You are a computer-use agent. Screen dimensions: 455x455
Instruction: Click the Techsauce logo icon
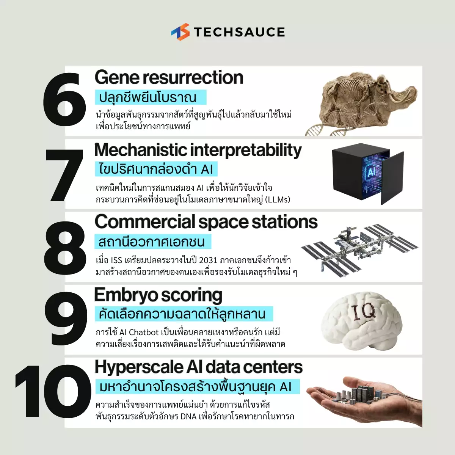(180, 32)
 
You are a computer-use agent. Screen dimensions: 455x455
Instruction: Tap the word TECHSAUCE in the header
(239, 32)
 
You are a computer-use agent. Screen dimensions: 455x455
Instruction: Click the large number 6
(64, 100)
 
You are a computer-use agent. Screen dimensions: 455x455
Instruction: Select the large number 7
(64, 175)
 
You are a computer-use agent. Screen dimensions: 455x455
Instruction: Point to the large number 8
(65, 248)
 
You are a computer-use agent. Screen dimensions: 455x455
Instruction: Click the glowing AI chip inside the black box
(372, 172)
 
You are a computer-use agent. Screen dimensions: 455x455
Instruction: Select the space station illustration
(359, 251)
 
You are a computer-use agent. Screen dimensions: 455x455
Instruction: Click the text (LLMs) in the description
(278, 200)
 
